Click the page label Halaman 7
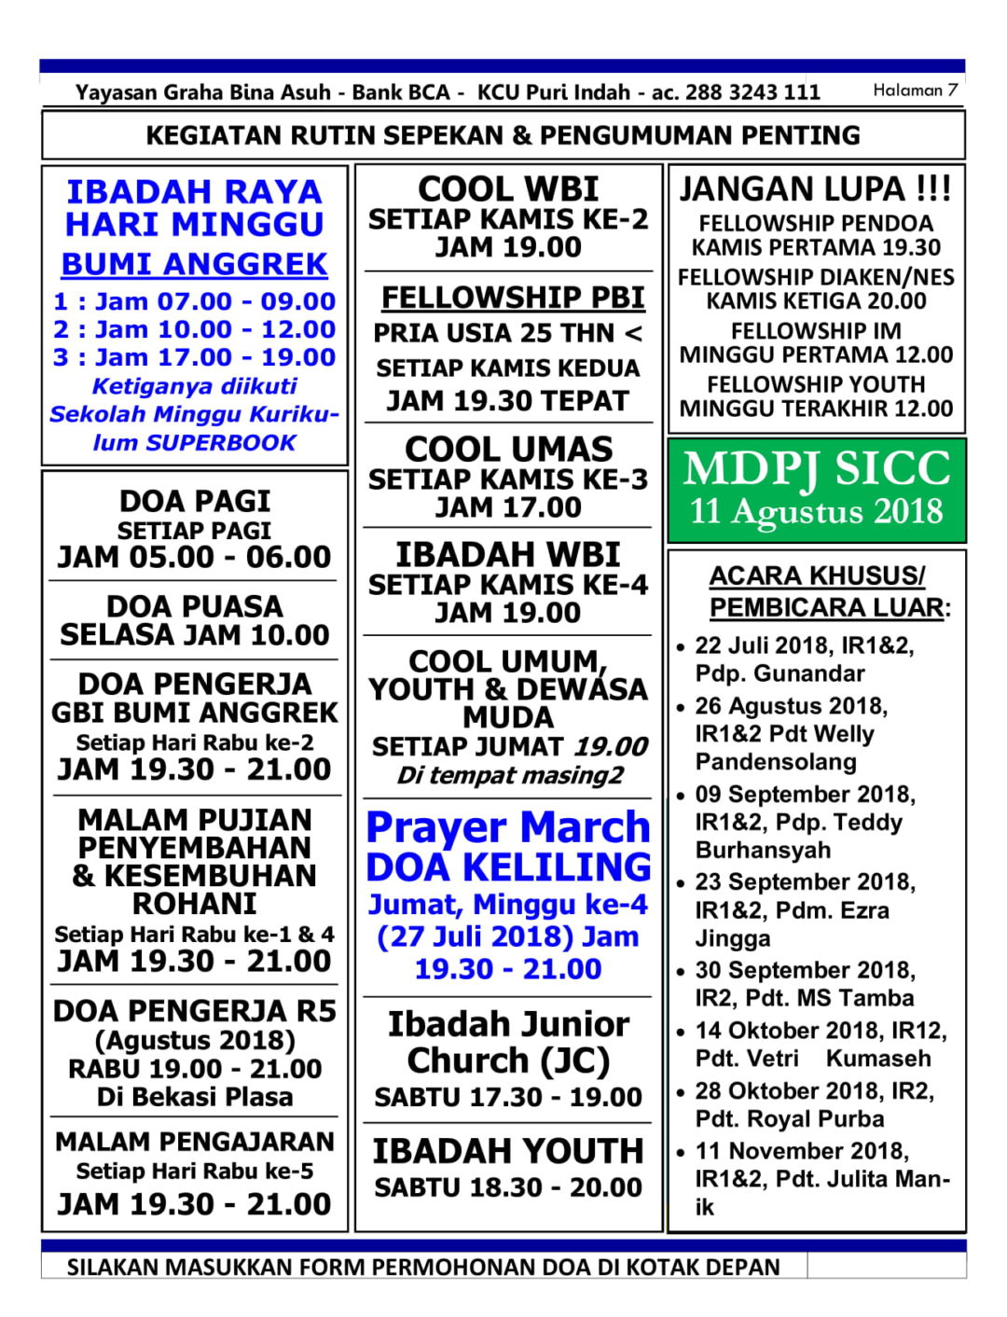915,90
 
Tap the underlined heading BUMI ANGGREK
194,264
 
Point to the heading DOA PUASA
194,606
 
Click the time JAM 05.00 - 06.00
194,558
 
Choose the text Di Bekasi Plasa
194,1097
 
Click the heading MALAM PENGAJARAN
194,1142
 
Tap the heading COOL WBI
508,189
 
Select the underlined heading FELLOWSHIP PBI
513,298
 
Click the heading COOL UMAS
508,450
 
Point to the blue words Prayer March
508,827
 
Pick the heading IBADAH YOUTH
508,1151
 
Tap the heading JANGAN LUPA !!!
815,189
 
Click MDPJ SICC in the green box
816,468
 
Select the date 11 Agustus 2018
816,512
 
